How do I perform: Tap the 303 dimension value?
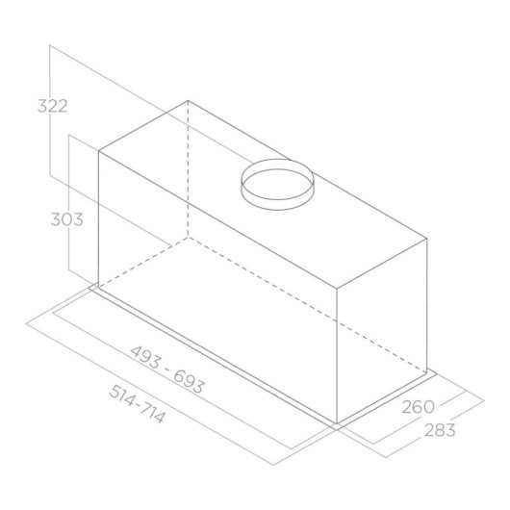[x=66, y=218]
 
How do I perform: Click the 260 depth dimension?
[x=421, y=406]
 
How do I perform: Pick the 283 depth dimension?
[x=438, y=429]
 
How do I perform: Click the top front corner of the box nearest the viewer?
[x=336, y=287]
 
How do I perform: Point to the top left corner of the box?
[x=99, y=151]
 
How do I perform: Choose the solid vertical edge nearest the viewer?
[x=336, y=356]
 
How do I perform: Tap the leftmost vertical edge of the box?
[x=99, y=217]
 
